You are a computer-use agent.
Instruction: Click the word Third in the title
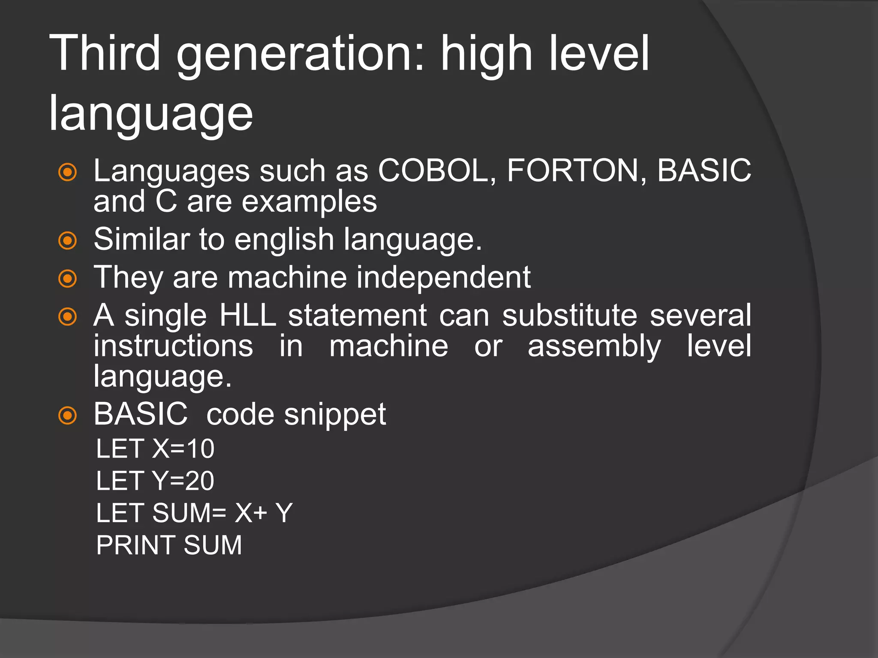(x=105, y=53)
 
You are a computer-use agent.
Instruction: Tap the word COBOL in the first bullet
(x=438, y=170)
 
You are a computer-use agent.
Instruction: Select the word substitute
(x=570, y=315)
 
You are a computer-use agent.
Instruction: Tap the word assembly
(x=594, y=347)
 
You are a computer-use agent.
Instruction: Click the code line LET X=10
(x=155, y=449)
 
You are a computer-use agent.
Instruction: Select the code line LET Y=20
(x=155, y=481)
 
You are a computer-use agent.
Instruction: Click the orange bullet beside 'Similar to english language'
(x=67, y=240)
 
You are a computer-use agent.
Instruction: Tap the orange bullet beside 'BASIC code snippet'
(x=67, y=415)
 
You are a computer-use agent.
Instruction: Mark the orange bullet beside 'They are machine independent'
(x=67, y=278)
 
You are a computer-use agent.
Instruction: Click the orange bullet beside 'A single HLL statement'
(x=67, y=317)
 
